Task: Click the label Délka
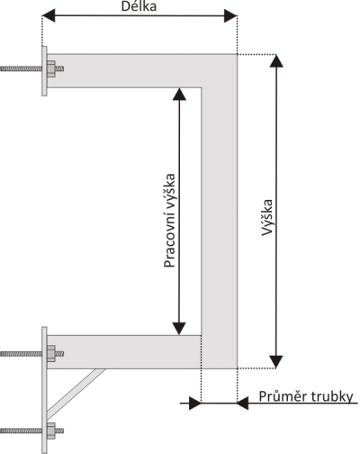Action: (139, 6)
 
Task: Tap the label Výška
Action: (267, 217)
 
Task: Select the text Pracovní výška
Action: (169, 221)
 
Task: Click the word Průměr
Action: (283, 397)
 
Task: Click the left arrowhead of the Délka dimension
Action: (49, 15)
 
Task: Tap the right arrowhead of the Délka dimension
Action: (230, 15)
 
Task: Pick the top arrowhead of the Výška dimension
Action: (276, 61)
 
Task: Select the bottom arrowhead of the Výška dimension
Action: (276, 362)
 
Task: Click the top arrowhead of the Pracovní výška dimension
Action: (179, 94)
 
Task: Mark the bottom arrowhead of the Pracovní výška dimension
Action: (179, 329)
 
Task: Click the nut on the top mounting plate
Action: (51, 69)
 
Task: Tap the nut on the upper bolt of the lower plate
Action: (51, 354)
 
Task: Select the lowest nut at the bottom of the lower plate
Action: (51, 431)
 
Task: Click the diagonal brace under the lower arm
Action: (76, 394)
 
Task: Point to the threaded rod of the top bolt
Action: (21, 69)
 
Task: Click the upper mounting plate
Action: (44, 71)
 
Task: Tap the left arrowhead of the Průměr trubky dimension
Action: (195, 403)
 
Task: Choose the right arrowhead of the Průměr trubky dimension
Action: (243, 403)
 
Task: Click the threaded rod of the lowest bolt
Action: (21, 431)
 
